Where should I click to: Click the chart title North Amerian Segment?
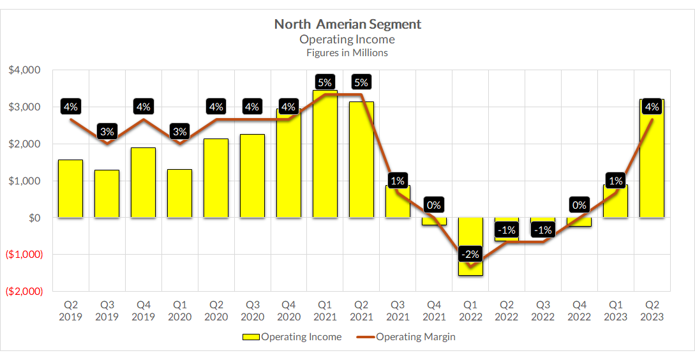(347, 24)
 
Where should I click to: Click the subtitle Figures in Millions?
(347, 53)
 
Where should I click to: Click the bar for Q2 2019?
(70, 189)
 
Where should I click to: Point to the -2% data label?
(470, 254)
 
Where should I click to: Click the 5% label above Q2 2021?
(361, 82)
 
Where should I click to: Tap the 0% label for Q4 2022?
(579, 205)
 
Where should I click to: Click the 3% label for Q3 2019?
(107, 132)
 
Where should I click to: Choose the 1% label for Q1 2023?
(616, 181)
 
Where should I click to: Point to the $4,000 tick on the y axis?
(24, 70)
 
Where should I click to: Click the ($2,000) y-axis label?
(23, 291)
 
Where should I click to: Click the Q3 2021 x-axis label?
(398, 311)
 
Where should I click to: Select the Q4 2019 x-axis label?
(143, 311)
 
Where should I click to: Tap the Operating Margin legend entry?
(415, 336)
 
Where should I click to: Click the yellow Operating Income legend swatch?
(250, 337)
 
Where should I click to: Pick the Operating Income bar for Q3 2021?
(398, 202)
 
